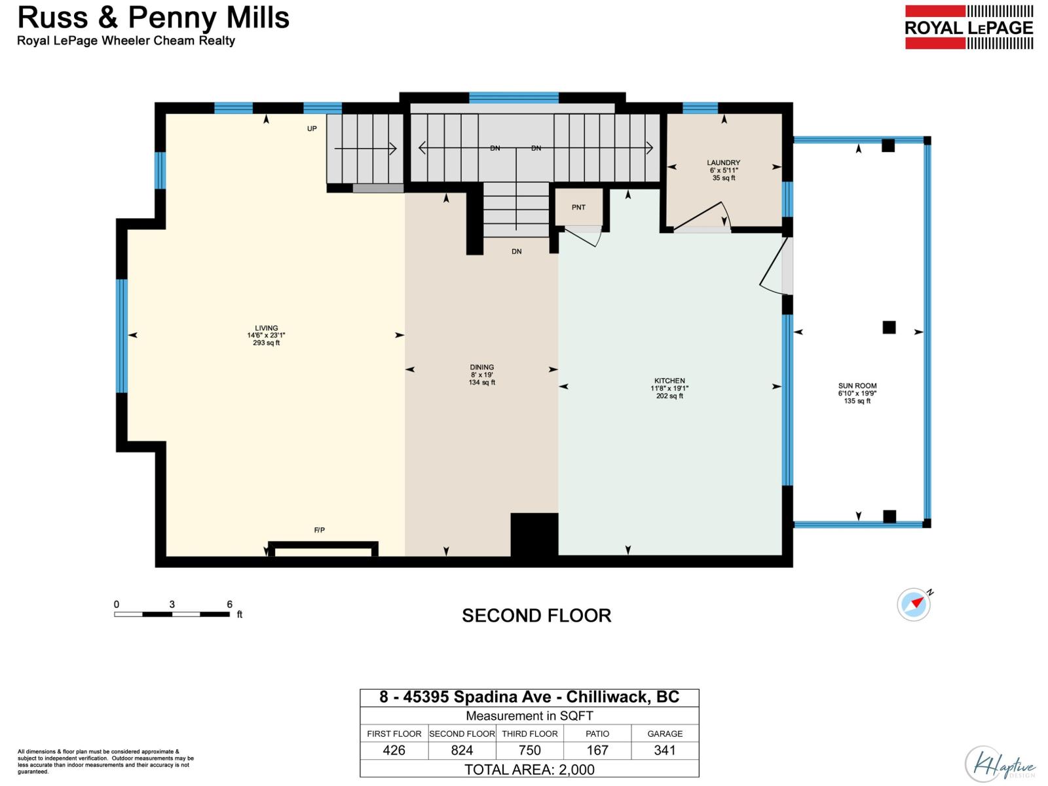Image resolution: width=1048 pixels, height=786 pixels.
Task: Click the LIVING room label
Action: tap(267, 329)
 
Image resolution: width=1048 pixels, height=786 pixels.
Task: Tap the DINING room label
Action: tap(482, 368)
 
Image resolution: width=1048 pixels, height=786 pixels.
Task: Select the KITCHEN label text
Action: tap(669, 381)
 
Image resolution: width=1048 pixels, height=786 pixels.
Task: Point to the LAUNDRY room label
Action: tap(724, 163)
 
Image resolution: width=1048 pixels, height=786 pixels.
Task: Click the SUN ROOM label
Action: tap(857, 386)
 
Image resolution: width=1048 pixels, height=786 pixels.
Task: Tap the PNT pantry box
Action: tap(578, 207)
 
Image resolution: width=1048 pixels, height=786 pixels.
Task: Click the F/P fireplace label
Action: tap(320, 530)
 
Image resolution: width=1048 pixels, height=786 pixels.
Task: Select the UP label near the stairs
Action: tap(312, 129)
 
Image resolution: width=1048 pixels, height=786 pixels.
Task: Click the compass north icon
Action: tap(914, 604)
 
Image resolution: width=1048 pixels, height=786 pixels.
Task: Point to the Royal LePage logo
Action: tap(969, 28)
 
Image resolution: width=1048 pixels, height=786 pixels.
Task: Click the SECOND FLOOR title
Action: tap(536, 616)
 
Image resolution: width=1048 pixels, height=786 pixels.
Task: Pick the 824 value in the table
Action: tap(462, 751)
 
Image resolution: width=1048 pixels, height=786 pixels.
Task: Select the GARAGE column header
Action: tap(665, 734)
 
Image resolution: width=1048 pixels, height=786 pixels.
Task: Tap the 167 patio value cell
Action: tap(597, 751)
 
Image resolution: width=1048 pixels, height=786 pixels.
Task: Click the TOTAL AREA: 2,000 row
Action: tap(529, 770)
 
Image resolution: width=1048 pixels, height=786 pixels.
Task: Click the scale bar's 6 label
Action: tap(230, 605)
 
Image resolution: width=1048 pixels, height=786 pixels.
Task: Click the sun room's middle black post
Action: tap(889, 327)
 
